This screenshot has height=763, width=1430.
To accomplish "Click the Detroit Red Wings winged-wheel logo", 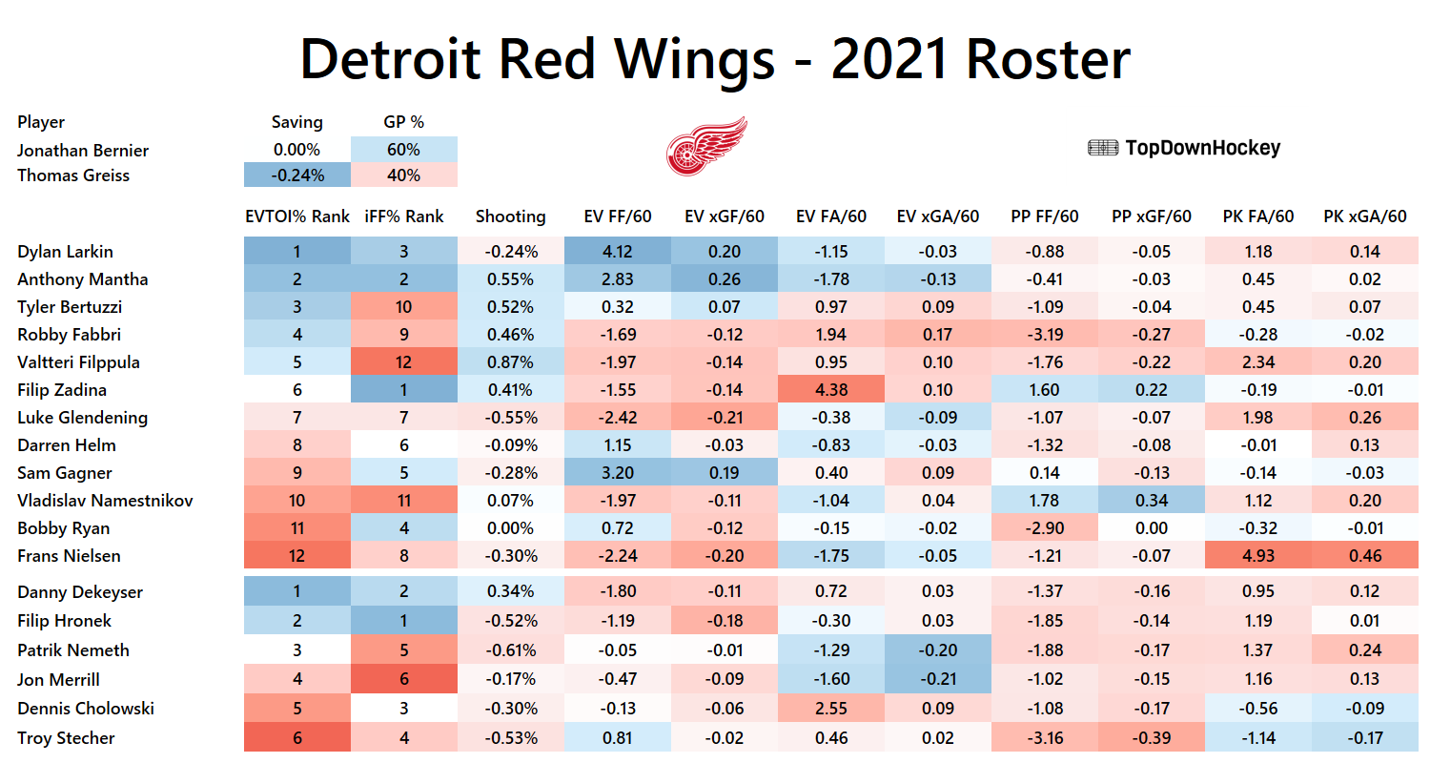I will (x=705, y=147).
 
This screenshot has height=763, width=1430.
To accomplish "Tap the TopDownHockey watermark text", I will (x=1184, y=148).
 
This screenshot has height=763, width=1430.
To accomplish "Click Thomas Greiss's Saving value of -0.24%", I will (x=296, y=175).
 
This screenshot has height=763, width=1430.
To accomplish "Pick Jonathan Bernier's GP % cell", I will (x=403, y=150).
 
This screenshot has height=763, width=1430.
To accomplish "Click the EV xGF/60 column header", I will (x=725, y=217).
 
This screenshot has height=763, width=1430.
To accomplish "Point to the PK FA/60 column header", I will (x=1258, y=217).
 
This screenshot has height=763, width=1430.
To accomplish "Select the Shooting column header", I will (x=510, y=217).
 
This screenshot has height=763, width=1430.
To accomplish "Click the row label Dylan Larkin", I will (x=65, y=252).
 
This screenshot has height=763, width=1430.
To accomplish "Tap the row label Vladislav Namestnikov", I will (x=105, y=501).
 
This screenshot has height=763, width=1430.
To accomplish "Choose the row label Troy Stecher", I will (x=66, y=738).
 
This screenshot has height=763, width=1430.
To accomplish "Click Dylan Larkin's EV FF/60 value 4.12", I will (x=618, y=252).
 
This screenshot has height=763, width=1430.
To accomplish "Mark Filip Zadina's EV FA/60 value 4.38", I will (x=831, y=390).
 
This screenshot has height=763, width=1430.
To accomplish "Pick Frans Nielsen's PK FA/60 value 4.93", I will (x=1258, y=556).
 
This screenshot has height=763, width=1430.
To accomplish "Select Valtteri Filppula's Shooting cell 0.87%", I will (x=510, y=362).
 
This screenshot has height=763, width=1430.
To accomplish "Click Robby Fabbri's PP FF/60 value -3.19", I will (x=1045, y=335).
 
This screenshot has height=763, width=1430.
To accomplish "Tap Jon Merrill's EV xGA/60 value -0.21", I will (x=938, y=680).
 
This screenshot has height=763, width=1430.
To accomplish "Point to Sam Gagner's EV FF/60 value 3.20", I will (x=618, y=473).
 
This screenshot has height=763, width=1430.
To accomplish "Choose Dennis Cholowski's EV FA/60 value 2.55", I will (x=831, y=709).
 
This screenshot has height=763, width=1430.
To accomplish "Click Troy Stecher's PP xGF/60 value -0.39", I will (x=1152, y=738).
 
